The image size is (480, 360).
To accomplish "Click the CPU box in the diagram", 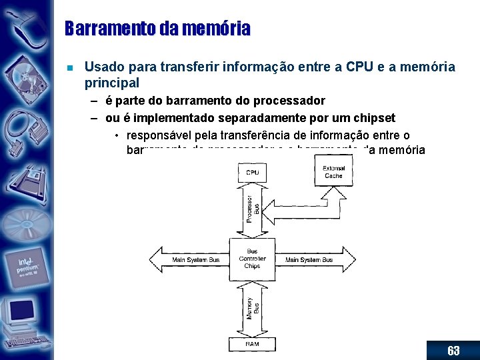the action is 252,173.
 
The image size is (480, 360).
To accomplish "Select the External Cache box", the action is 333,172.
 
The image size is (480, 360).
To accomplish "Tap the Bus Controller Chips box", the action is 252,259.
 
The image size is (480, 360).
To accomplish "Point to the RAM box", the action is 252,344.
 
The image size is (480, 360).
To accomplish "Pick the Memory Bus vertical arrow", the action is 252,307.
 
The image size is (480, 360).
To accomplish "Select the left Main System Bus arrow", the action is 189,259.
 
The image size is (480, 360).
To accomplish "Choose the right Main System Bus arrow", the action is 313,259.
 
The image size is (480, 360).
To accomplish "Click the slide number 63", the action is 453,351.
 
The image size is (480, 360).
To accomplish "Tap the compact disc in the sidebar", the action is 25,220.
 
